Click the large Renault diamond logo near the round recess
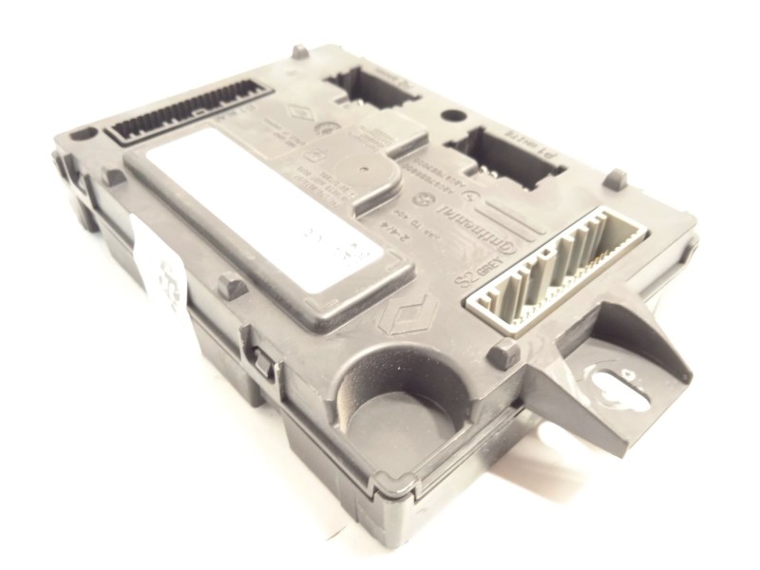[417, 309]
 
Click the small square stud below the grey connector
[503, 354]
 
